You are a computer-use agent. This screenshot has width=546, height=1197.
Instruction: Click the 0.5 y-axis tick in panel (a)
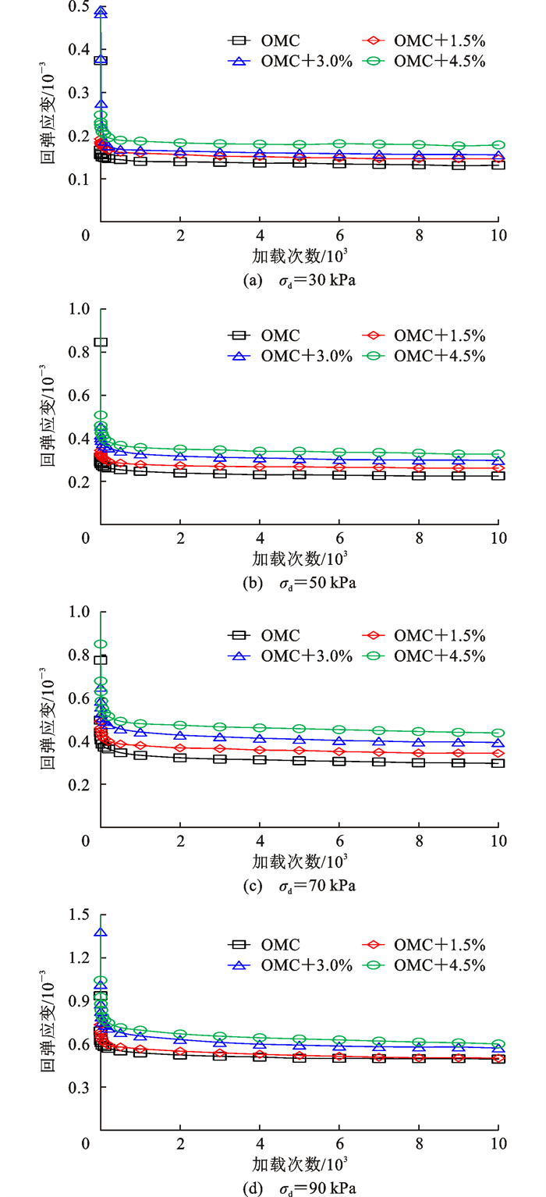coord(78,6)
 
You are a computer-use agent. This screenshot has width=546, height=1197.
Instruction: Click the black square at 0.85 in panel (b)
coord(101,342)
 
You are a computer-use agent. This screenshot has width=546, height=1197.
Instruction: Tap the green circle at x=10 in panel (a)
coord(498,145)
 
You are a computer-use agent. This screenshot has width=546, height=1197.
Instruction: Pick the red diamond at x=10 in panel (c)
coord(498,753)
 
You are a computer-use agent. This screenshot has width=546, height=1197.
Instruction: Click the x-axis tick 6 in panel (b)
coord(339,538)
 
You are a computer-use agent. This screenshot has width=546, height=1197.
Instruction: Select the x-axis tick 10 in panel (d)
coord(498,1145)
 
